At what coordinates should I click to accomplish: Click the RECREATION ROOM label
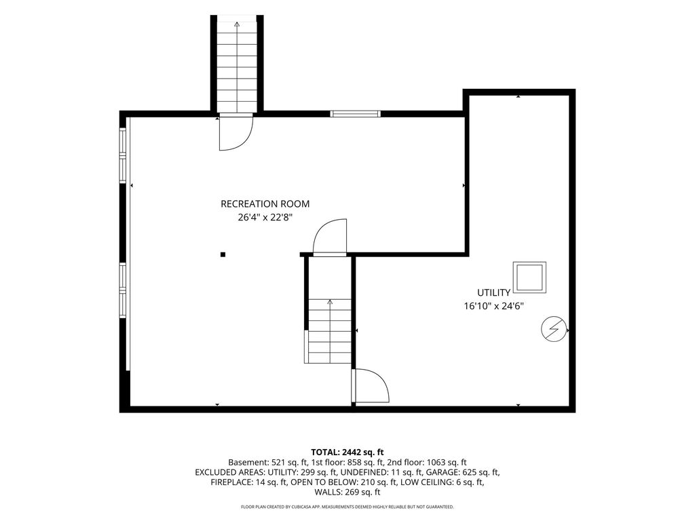265,204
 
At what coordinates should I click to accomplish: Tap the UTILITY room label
493,292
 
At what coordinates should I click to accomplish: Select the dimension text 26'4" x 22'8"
265,218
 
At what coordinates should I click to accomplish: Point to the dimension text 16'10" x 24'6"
494,306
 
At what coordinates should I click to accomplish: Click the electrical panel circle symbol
554,329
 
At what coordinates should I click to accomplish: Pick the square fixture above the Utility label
529,277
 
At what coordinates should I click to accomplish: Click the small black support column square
223,254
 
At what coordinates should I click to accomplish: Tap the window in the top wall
356,114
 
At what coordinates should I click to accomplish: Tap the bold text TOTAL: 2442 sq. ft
347,452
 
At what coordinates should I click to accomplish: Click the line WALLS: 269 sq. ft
347,493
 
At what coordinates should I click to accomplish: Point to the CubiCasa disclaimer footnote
347,506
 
